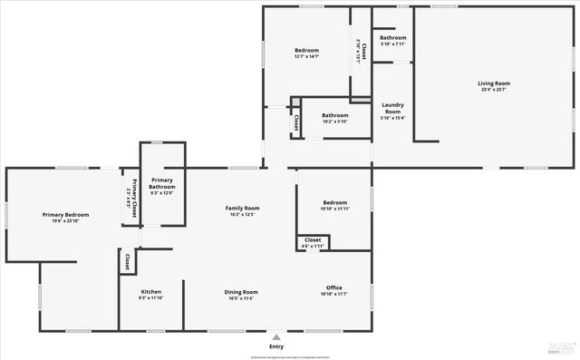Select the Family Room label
click(x=242, y=209)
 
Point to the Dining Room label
click(x=241, y=292)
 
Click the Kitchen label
click(x=150, y=292)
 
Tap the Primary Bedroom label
click(x=64, y=214)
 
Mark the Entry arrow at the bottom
click(x=276, y=336)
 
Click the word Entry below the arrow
click(x=276, y=346)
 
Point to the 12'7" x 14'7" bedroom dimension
click(x=307, y=57)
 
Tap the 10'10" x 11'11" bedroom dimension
click(x=334, y=209)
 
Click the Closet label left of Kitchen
click(x=128, y=262)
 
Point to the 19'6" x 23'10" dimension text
click(x=64, y=220)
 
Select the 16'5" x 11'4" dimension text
click(x=241, y=297)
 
